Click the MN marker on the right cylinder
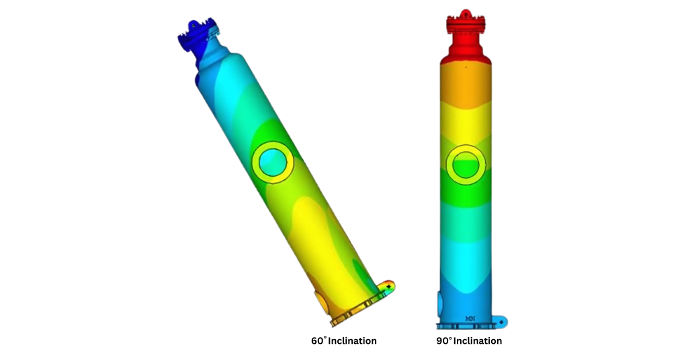[x=469, y=318]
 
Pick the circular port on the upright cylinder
[x=464, y=164]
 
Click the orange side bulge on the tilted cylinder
[x=321, y=304]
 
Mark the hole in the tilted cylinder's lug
[x=389, y=287]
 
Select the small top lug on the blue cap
[x=194, y=24]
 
